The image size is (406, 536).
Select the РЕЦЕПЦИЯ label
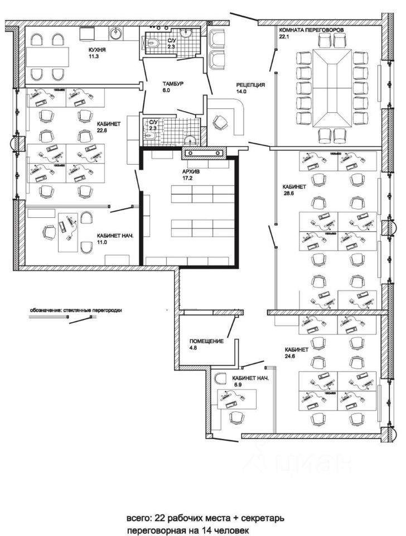[250, 85]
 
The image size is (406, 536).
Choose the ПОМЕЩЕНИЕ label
[206, 341]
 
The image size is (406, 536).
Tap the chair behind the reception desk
[221, 121]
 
